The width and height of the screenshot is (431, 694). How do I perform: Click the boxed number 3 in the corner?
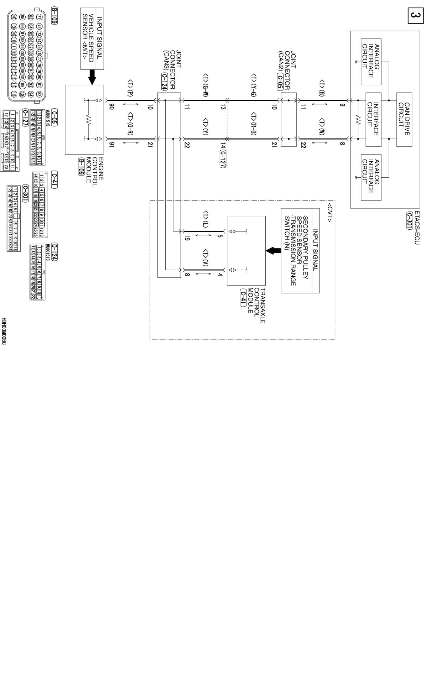(415, 16)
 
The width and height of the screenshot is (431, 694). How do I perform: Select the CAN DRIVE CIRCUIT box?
(404, 119)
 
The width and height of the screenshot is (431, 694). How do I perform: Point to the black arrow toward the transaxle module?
(273, 251)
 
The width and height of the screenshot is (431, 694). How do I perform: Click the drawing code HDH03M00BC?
(4, 331)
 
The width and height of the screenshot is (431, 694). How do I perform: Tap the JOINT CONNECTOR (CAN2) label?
(288, 71)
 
